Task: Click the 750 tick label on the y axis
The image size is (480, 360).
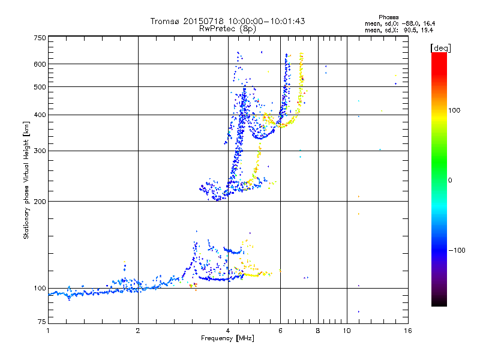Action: click(x=40, y=38)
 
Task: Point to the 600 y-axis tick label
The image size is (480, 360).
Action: click(x=40, y=64)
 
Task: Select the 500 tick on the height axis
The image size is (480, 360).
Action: click(x=40, y=87)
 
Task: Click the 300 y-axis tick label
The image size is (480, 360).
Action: click(x=40, y=151)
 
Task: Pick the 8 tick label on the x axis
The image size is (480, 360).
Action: click(x=318, y=331)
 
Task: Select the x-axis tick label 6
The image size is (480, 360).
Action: click(x=280, y=331)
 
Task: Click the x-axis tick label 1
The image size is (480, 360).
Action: click(x=48, y=331)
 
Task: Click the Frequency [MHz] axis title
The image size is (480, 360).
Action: click(x=227, y=338)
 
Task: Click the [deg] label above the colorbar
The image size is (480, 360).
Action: click(x=440, y=47)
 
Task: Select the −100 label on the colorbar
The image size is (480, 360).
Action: click(x=458, y=250)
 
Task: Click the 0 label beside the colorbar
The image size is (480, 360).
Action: click(x=451, y=180)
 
